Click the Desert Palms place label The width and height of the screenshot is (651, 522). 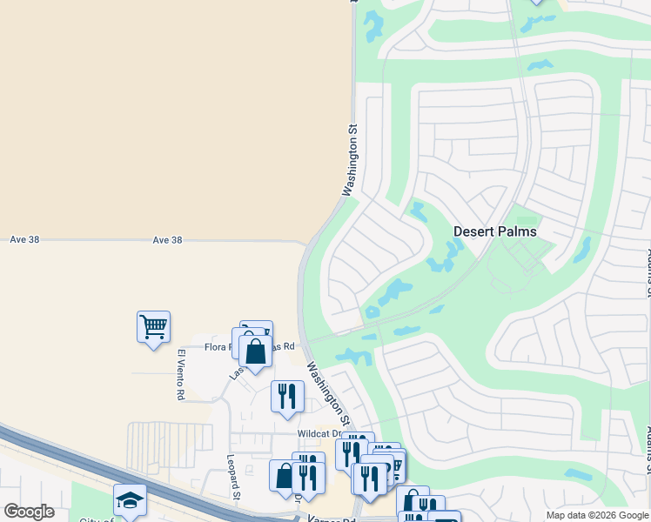494,232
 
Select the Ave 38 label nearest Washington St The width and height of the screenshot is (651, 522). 167,239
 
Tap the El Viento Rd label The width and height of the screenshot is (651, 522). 181,374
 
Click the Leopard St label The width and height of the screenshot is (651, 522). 233,478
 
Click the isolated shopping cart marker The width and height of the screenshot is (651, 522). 153,327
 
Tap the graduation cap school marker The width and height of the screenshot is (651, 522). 130,499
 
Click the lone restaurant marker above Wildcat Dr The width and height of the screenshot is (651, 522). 287,396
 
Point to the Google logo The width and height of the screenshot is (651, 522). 29,512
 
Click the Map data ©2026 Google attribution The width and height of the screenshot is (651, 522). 597,515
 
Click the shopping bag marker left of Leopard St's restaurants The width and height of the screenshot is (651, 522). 285,476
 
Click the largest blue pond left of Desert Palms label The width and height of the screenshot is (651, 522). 396,290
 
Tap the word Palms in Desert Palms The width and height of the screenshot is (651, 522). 516,232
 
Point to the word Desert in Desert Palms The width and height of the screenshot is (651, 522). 473,232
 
